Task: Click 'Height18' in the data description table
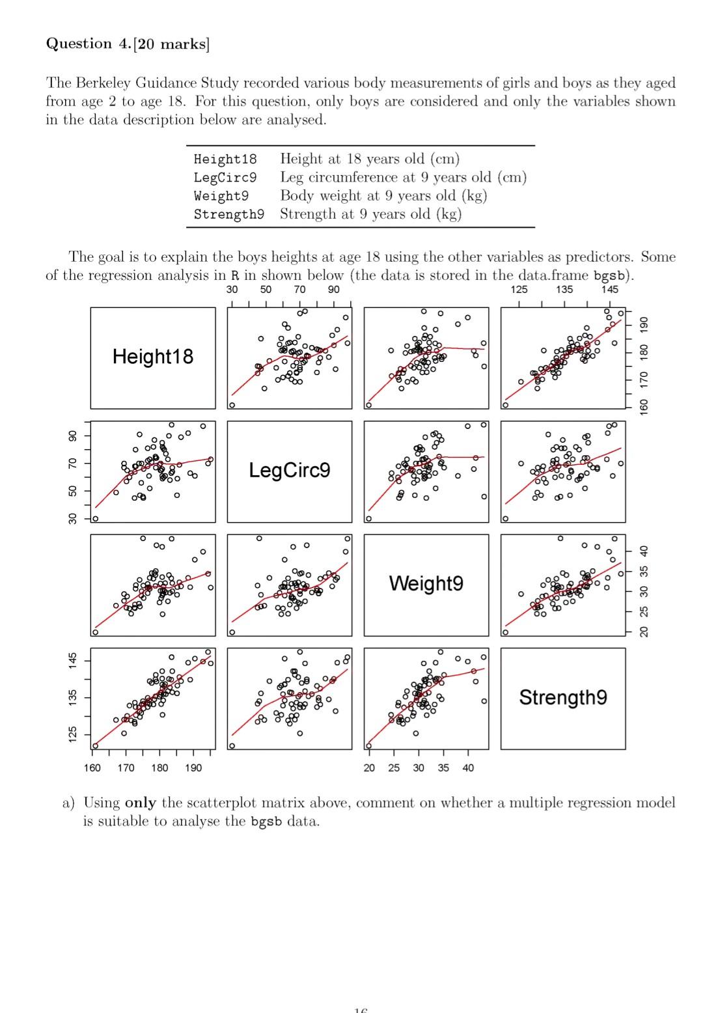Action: (225, 160)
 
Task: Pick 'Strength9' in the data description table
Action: (228, 214)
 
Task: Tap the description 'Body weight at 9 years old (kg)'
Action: (383, 196)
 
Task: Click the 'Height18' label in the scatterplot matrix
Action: (153, 357)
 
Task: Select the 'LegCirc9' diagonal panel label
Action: (290, 470)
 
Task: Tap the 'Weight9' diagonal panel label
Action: (426, 583)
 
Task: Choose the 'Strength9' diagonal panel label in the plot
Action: (563, 697)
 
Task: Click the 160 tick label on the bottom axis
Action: (92, 768)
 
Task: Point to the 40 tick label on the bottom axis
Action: (468, 768)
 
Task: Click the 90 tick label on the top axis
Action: (333, 290)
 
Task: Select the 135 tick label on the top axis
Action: (564, 290)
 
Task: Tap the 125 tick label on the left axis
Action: (73, 734)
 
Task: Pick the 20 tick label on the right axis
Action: (644, 632)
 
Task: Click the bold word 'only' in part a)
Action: (140, 803)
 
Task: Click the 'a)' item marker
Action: (69, 803)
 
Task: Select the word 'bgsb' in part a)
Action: (266, 822)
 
